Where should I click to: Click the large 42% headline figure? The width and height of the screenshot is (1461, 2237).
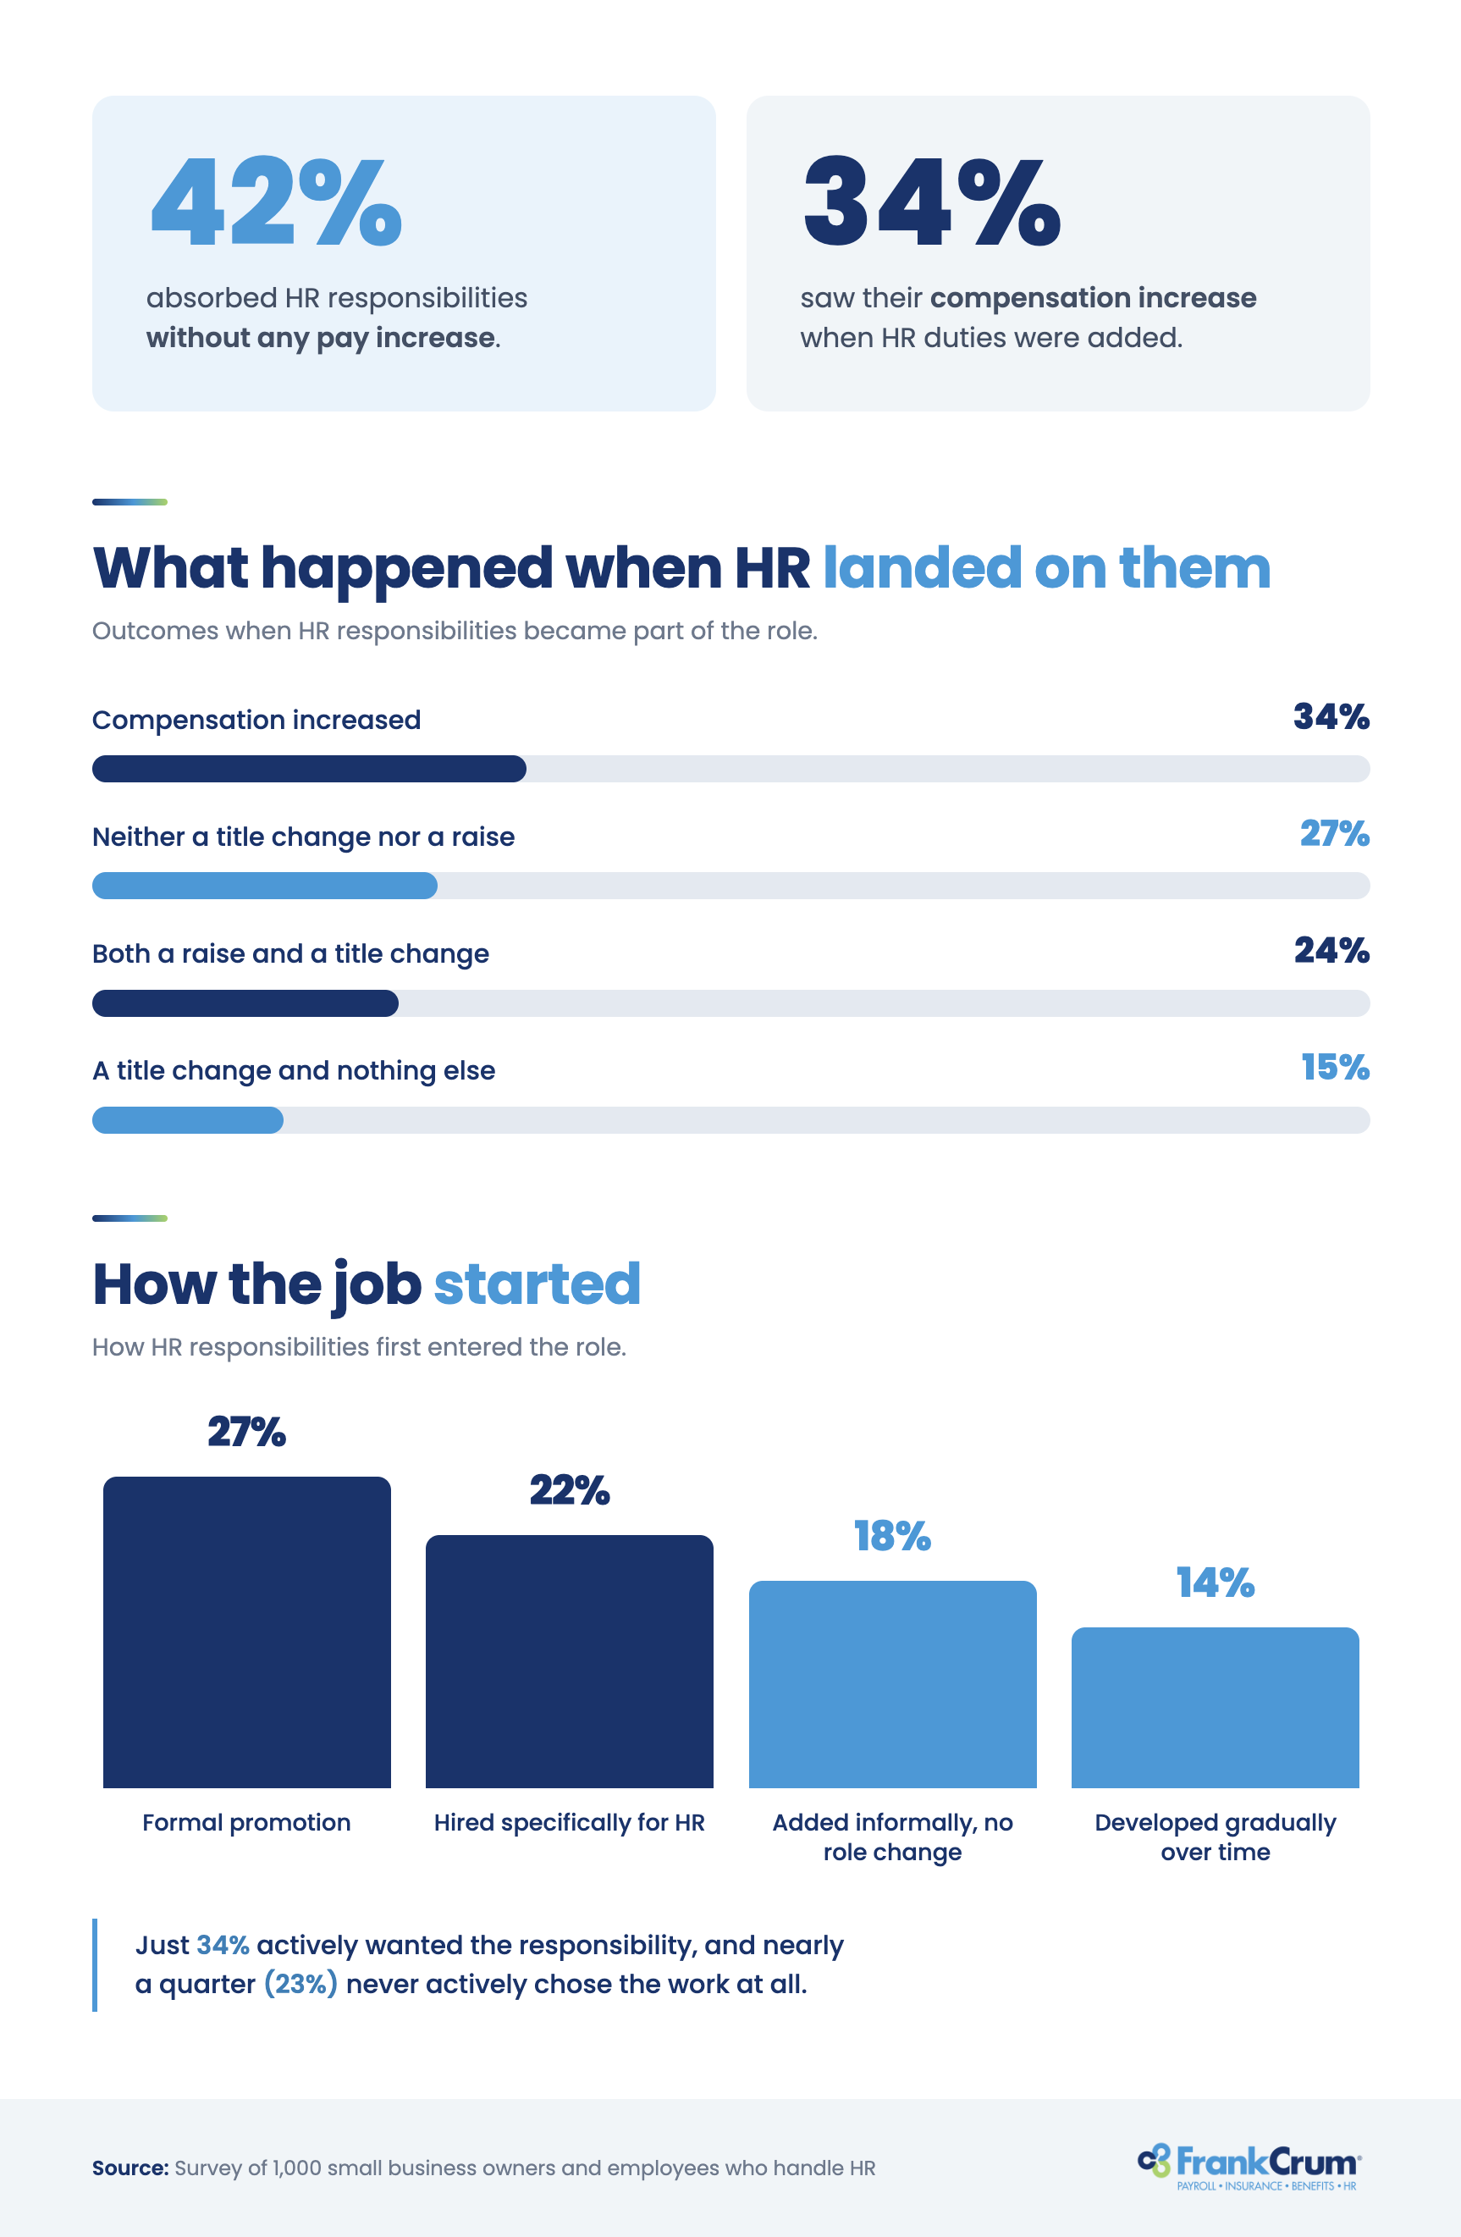click(x=276, y=202)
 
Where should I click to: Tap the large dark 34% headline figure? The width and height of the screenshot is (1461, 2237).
click(x=932, y=202)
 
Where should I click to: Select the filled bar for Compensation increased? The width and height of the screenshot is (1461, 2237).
click(x=309, y=769)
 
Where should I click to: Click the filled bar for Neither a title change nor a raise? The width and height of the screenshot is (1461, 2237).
click(x=265, y=886)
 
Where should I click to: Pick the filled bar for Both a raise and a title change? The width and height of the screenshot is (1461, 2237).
click(x=245, y=1003)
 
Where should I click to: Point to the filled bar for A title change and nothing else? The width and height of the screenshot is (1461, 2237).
click(x=188, y=1119)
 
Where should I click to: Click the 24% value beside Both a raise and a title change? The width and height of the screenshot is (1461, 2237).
click(x=1331, y=950)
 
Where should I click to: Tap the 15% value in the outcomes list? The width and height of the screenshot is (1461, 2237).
click(x=1335, y=1068)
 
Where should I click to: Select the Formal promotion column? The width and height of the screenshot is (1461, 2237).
click(x=247, y=1632)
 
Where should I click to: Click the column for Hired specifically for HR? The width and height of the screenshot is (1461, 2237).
click(x=570, y=1661)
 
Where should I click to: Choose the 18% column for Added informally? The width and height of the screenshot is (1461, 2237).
click(x=892, y=1684)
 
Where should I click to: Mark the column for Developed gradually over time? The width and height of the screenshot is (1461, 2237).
click(x=1215, y=1707)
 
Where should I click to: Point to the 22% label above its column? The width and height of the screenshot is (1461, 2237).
click(x=570, y=1489)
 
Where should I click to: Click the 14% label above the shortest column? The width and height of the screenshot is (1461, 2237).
click(x=1215, y=1582)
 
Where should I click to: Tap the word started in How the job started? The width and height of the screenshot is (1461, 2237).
click(x=538, y=1284)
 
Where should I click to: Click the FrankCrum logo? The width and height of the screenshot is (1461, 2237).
click(x=1249, y=2167)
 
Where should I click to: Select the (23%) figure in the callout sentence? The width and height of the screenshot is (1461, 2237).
click(x=300, y=1984)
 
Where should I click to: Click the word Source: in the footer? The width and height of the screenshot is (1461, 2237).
click(x=130, y=2168)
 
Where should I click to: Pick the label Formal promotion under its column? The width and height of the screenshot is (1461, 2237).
click(x=246, y=1822)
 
